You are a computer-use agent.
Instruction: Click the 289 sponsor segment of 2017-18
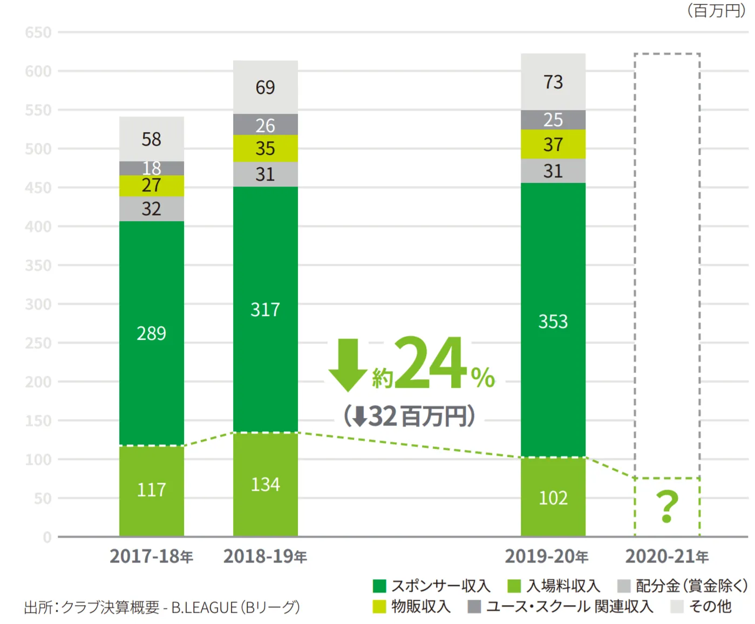[151, 333]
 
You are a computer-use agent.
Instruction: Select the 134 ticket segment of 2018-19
[265, 484]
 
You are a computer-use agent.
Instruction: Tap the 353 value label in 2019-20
[553, 321]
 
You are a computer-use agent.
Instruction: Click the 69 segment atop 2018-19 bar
[265, 87]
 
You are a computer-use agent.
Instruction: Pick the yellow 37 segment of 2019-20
[553, 145]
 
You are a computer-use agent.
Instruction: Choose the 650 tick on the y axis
[38, 32]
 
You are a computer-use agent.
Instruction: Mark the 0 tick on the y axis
[47, 537]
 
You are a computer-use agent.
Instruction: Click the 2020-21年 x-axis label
[666, 556]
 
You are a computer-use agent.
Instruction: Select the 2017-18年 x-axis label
[151, 556]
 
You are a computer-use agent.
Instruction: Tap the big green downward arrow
[348, 364]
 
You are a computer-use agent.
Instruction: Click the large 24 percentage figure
[430, 362]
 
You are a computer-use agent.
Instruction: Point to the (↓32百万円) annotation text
[410, 416]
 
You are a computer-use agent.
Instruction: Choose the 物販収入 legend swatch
[379, 607]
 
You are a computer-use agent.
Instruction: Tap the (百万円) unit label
[716, 10]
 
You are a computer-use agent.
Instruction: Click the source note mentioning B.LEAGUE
[162, 607]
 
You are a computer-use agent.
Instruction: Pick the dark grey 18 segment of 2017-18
[151, 168]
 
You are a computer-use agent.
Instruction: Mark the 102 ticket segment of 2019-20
[553, 497]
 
